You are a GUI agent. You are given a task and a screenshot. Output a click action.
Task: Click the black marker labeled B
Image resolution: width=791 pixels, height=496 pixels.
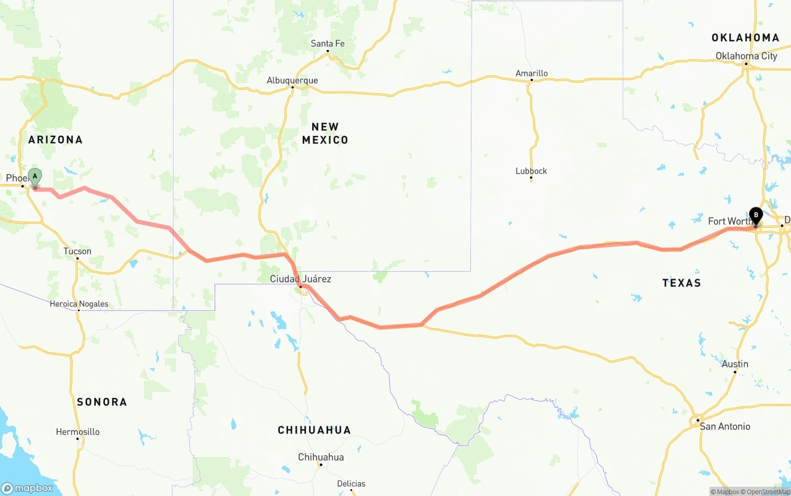click(x=755, y=216)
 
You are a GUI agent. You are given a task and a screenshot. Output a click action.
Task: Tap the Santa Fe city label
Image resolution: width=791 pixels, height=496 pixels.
click(x=328, y=43)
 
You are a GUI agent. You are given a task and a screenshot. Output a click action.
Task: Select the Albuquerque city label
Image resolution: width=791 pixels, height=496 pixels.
click(x=292, y=80)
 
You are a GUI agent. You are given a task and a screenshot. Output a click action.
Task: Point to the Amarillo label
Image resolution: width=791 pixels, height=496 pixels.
click(x=531, y=74)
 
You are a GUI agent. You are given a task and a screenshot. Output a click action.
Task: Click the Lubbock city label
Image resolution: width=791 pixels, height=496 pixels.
click(x=531, y=171)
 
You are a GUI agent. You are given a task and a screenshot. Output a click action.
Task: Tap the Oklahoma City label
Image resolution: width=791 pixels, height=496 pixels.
click(x=747, y=56)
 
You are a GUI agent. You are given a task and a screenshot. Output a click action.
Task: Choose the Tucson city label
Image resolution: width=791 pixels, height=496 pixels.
click(x=77, y=251)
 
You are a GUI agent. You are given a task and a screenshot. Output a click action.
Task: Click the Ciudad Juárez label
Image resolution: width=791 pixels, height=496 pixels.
click(x=300, y=279)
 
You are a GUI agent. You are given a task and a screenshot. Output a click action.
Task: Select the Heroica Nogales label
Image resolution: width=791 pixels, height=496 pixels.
click(x=79, y=304)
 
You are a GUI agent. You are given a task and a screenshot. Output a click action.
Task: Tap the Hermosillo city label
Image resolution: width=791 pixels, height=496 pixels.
click(x=77, y=432)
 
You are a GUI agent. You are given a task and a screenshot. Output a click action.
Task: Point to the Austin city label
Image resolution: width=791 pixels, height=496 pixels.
click(x=735, y=364)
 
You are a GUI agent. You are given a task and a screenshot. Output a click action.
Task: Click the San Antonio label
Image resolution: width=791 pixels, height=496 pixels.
click(x=725, y=426)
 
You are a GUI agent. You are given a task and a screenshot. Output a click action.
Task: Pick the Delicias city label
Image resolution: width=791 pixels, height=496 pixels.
click(x=351, y=484)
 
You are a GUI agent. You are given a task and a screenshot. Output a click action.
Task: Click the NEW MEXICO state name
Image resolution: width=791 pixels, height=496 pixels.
click(x=325, y=133)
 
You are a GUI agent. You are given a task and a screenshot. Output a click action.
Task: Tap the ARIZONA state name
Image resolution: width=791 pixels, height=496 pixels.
click(x=56, y=140)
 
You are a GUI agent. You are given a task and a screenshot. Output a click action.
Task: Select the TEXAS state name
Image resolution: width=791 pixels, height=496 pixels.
click(x=682, y=283)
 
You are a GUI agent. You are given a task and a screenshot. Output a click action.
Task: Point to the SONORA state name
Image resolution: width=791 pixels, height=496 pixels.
click(x=102, y=402)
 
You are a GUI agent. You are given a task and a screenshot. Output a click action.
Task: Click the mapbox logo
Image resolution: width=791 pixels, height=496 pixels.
click(x=28, y=488)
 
